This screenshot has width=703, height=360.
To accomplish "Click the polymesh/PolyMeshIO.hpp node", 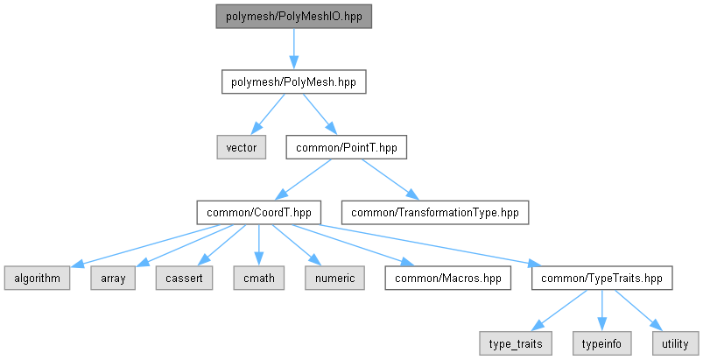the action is point(293,17).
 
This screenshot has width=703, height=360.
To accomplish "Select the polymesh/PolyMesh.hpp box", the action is point(293,82).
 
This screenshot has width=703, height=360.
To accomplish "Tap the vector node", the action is point(242,147).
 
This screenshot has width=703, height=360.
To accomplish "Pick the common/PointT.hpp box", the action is point(347,147).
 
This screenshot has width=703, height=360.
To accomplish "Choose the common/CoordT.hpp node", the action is point(258,213).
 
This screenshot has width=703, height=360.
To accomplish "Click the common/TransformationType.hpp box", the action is point(435,213).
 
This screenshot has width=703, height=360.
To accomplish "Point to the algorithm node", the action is point(38,278).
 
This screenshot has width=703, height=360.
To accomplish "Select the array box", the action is point(113,278).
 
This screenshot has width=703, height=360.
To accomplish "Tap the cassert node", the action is point(184,278).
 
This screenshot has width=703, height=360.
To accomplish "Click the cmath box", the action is point(258,278).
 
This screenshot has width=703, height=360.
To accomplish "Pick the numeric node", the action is point(335,278).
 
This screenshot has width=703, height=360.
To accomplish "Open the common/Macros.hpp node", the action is point(448,278).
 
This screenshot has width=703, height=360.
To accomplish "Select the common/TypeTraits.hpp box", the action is point(601,278).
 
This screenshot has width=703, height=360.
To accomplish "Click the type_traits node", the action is point(516,344).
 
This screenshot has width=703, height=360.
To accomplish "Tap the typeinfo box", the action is point(601,344).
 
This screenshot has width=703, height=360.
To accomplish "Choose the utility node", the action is point(675,344).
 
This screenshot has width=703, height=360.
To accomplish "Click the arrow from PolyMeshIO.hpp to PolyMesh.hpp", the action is point(293,49).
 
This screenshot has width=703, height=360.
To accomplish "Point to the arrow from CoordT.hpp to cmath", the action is point(258,245).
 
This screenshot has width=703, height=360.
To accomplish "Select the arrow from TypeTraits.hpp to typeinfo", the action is point(601,311).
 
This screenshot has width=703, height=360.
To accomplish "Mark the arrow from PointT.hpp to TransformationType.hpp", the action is point(390,180).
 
